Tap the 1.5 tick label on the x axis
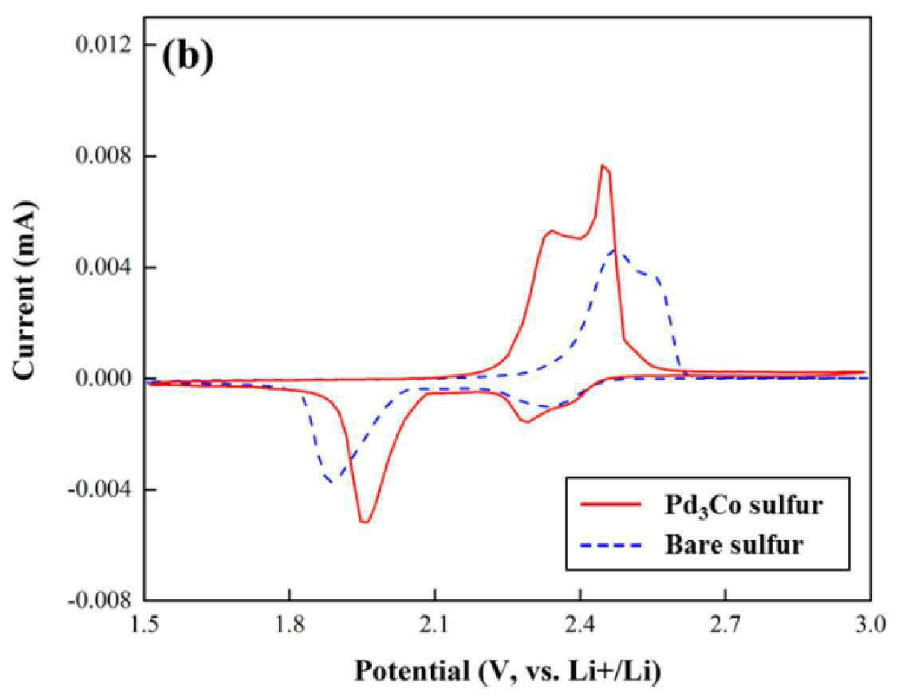(x=145, y=624)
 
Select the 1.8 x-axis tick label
(x=290, y=624)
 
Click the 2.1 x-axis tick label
(x=436, y=624)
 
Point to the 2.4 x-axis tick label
(x=580, y=624)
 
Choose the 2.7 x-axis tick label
(x=725, y=624)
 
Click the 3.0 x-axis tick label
(x=871, y=624)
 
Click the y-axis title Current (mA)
(x=26, y=291)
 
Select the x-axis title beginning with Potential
(x=507, y=671)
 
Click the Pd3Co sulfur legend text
(x=743, y=505)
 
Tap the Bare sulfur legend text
(x=735, y=544)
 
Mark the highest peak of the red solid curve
(x=602, y=165)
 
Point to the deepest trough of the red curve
(x=364, y=522)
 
